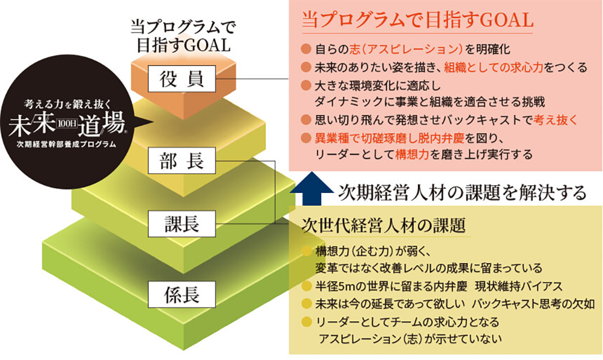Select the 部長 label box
[181, 161]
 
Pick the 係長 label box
[181, 295]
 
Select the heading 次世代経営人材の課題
[384, 226]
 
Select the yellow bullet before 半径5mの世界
[306, 285]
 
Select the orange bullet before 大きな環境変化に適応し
[306, 84]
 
